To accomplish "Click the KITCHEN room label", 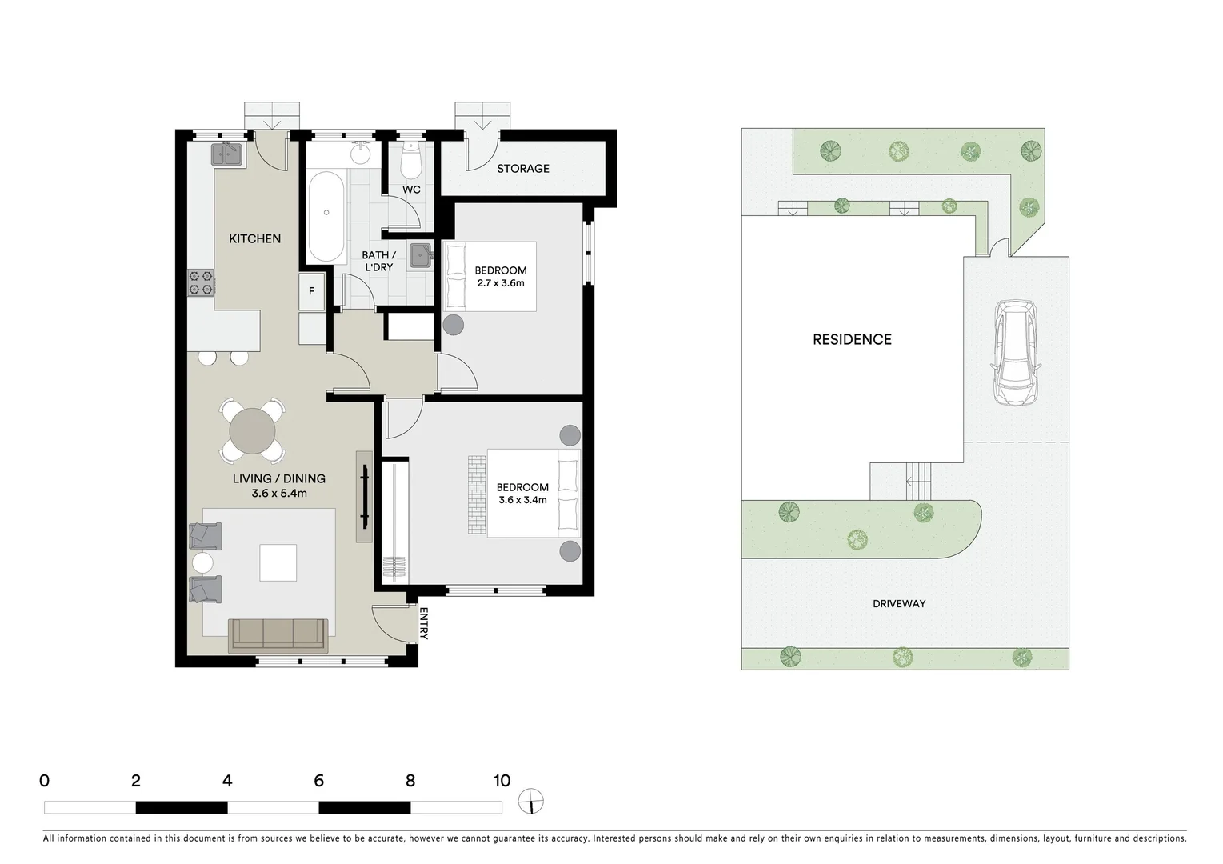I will coord(254,238).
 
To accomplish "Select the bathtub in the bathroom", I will coord(326,216).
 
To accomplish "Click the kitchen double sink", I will coord(228,154).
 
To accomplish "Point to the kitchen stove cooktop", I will coord(201,282).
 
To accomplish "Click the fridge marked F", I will coord(312,291).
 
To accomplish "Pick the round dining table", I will coord(252,431).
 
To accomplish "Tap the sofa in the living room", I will coord(278,634).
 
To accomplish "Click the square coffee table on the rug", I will coord(278,562).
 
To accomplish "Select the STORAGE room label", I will coord(523,169).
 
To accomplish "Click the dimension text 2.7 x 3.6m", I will coord(500,283).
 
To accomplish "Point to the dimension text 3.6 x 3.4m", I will coord(522,500).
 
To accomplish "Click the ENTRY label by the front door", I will coord(424,624).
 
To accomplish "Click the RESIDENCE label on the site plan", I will coord(852,339).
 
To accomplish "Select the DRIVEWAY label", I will coord(899,603).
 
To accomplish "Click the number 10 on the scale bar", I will coord(502,781).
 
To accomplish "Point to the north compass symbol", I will coord(530,800).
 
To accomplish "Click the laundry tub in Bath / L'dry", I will coord(420,255).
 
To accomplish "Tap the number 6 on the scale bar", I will coord(318,781).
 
